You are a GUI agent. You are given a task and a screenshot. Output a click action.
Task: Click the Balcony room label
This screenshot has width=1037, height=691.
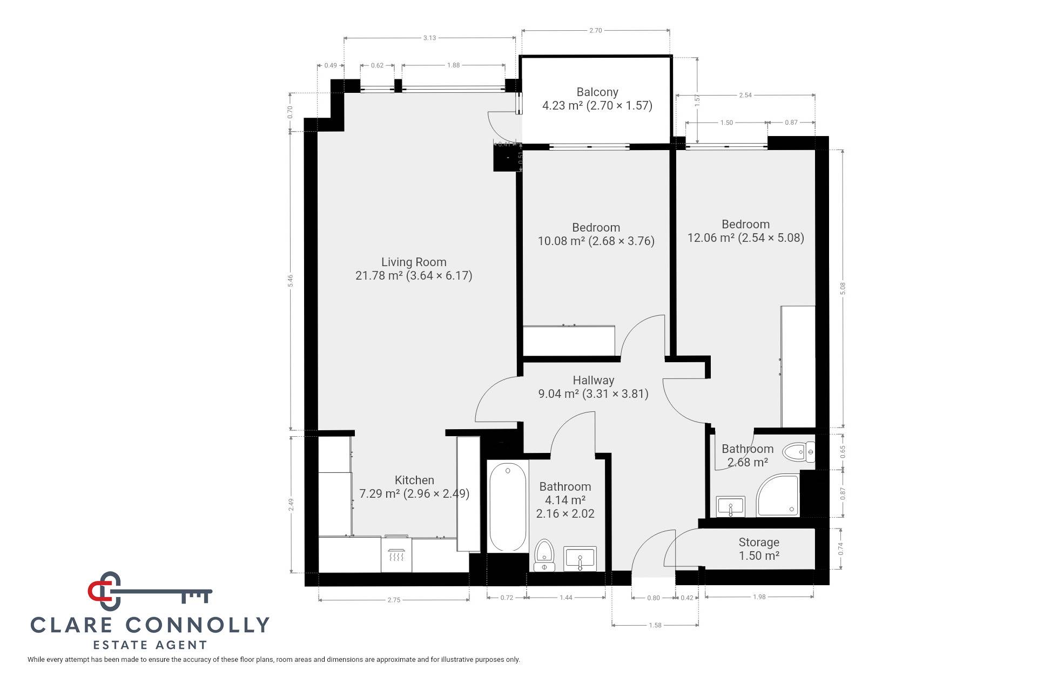(x=597, y=92)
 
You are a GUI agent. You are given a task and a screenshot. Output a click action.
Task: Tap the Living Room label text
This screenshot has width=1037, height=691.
(x=414, y=262)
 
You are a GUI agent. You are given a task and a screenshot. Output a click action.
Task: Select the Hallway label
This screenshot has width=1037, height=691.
(x=594, y=380)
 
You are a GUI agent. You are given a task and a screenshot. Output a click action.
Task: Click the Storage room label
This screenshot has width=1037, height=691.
(x=759, y=543)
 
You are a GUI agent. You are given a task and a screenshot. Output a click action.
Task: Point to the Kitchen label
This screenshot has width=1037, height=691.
(x=414, y=480)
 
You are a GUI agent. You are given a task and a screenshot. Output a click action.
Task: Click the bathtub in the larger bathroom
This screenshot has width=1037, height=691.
(x=508, y=507)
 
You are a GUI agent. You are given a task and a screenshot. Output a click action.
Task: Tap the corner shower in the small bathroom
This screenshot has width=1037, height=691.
(x=778, y=494)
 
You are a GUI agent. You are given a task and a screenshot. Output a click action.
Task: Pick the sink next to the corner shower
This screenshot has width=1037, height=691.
(x=731, y=507)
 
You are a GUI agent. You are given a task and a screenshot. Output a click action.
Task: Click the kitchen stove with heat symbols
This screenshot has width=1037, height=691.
(x=396, y=554)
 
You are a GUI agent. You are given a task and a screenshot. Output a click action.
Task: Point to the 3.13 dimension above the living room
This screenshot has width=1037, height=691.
(x=429, y=38)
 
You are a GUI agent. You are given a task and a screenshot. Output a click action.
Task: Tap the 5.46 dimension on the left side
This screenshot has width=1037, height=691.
(x=290, y=281)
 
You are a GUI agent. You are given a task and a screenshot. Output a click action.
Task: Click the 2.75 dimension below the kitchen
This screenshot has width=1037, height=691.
(x=394, y=600)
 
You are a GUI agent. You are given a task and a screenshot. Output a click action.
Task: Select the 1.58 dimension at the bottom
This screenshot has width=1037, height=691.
(x=655, y=625)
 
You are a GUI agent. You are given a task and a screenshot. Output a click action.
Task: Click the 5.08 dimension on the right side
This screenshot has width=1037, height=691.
(x=843, y=289)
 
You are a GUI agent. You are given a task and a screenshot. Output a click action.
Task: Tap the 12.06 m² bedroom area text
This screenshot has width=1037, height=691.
(x=745, y=238)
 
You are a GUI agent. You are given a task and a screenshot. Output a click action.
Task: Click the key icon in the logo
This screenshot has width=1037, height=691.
(x=150, y=591)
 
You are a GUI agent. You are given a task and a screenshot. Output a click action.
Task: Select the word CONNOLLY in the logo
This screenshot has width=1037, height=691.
(x=198, y=625)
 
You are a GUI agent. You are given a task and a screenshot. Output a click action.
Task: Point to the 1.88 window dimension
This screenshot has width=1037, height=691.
(x=453, y=65)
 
